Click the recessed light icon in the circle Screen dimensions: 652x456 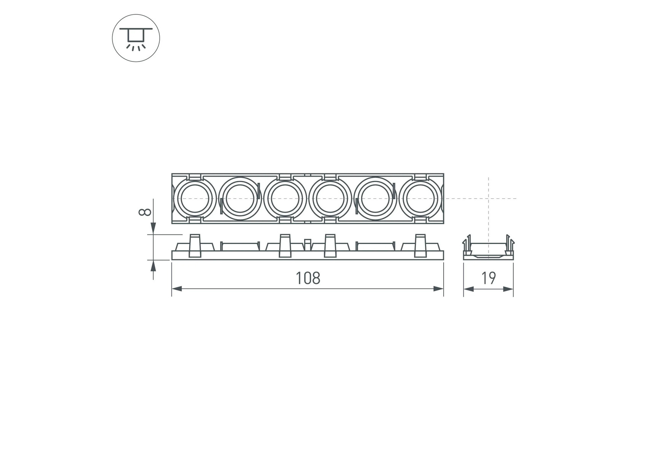[136, 38]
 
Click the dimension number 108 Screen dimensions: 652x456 [308, 278]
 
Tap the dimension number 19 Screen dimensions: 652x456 [489, 278]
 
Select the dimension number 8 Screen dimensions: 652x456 [145, 212]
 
